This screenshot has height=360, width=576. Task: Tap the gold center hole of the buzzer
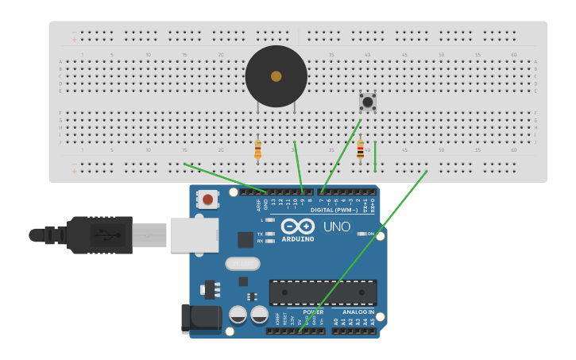point(276,76)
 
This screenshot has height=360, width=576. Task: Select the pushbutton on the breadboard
point(367,102)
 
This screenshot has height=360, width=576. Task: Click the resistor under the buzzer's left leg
point(257,149)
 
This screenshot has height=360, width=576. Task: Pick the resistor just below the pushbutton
point(360,149)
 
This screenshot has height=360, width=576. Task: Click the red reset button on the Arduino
point(207,199)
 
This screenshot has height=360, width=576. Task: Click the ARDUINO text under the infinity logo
point(298,238)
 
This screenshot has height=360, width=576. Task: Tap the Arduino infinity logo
point(297,226)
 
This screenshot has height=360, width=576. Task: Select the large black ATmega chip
point(323,292)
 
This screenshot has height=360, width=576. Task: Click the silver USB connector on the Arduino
point(193,235)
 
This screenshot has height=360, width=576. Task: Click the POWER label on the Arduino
point(313,312)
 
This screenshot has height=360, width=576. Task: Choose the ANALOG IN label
point(358,312)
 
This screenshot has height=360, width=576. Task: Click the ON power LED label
point(369,234)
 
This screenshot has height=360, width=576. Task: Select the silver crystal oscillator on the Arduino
point(242,263)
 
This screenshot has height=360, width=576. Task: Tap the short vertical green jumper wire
point(375,157)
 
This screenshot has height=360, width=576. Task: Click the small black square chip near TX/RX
point(245,239)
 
